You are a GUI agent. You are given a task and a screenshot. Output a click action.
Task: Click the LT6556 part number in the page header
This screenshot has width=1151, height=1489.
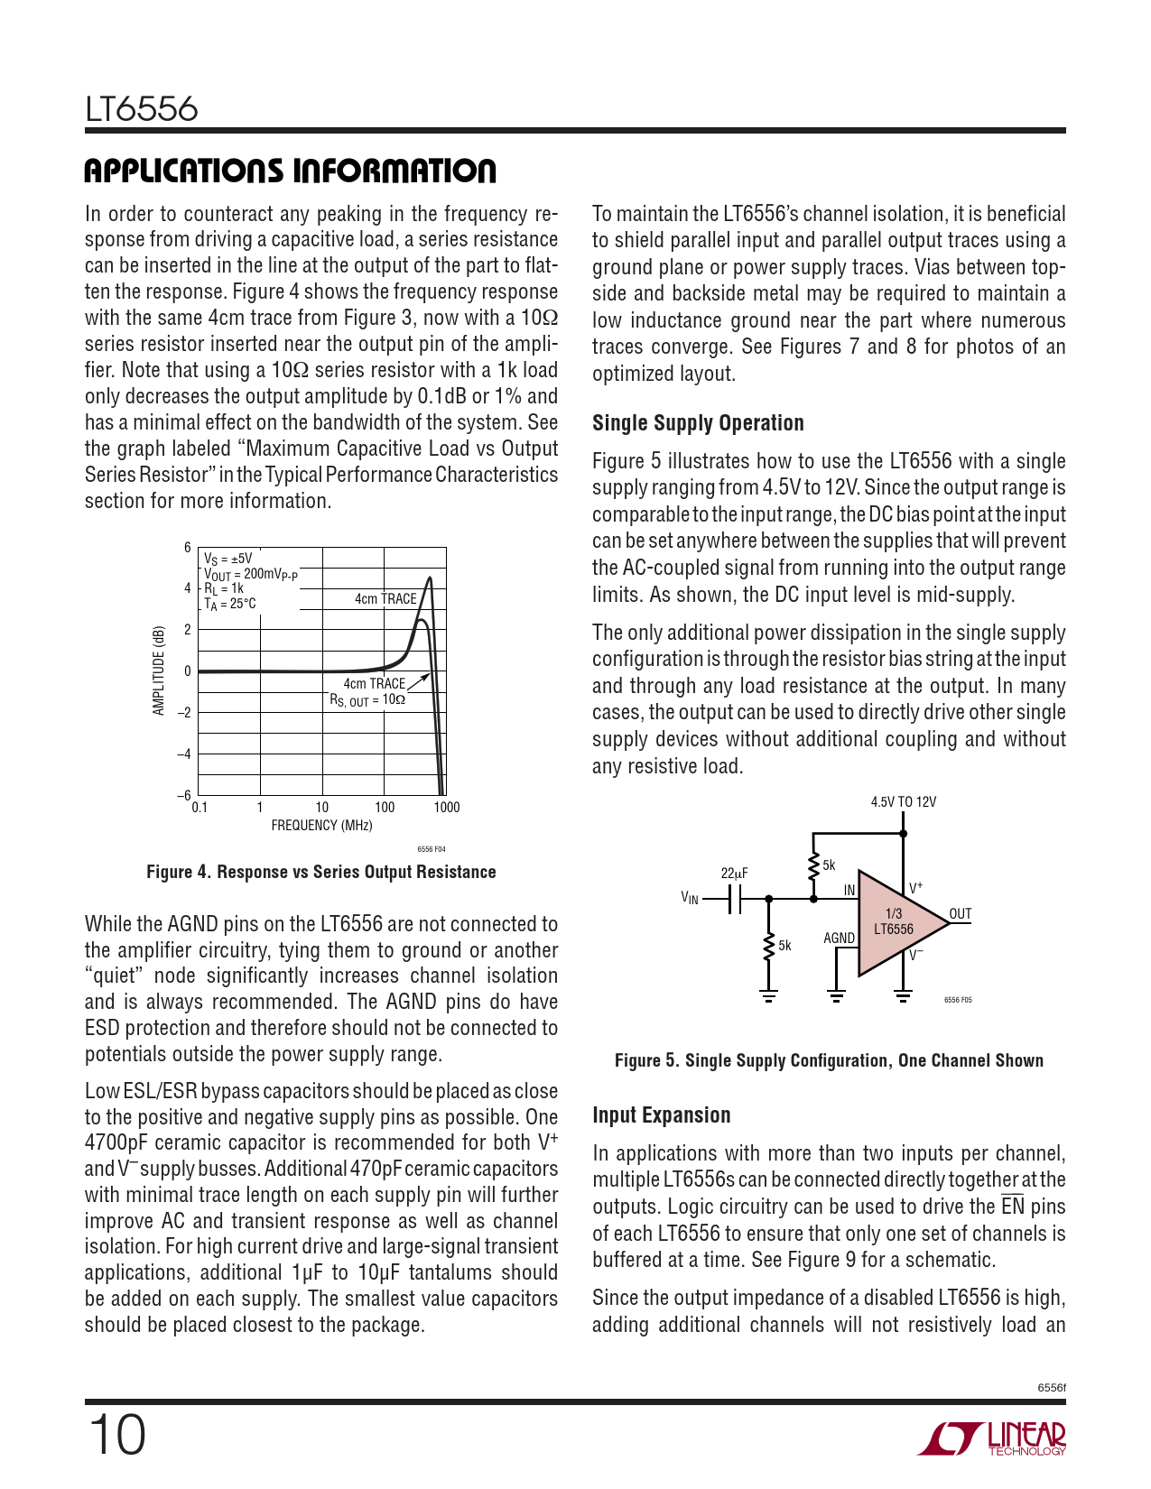point(142,110)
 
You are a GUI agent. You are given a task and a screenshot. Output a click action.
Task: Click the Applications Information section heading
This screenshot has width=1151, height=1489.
point(290,171)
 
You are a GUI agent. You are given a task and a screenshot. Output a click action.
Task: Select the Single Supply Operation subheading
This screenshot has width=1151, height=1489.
point(698,423)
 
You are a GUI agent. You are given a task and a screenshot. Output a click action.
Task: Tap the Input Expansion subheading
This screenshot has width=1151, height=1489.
point(661,1115)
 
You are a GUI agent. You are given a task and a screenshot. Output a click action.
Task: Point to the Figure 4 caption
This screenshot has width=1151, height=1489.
point(320,873)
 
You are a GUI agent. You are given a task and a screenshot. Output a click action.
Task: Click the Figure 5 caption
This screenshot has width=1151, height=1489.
point(829,1061)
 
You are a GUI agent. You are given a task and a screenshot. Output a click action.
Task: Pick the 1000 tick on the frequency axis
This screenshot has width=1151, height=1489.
point(446,808)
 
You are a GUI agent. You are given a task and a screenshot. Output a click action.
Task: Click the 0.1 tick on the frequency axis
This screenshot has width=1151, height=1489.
point(200,808)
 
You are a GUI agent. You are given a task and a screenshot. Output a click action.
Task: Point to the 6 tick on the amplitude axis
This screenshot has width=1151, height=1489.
point(188,548)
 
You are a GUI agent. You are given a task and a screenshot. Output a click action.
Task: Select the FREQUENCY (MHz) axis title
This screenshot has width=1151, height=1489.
point(321,826)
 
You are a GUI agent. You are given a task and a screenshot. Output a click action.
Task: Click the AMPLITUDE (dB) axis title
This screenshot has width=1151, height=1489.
point(160,671)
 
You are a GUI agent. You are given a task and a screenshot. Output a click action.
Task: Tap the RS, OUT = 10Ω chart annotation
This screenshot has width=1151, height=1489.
point(367,700)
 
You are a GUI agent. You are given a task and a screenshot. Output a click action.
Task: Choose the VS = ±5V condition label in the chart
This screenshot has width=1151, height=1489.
point(227,560)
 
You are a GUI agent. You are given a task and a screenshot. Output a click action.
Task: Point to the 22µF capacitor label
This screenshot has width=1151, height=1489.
point(734,874)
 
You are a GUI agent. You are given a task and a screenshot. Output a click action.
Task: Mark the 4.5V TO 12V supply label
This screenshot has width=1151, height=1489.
point(903,802)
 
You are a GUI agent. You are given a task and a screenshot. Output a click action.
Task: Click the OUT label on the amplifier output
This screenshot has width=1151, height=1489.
point(961,914)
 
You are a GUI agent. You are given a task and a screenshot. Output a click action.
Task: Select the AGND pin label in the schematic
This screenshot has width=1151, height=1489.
point(839,939)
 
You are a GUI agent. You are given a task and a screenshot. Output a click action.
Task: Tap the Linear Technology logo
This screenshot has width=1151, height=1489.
point(993,1438)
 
